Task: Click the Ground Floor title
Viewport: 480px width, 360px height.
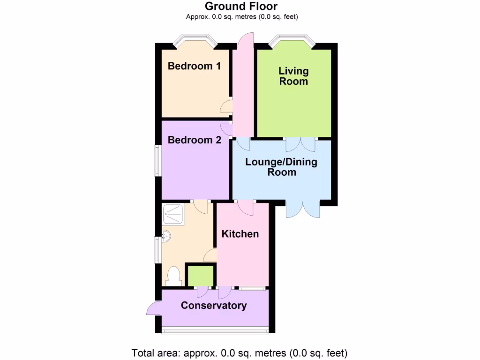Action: [241, 6]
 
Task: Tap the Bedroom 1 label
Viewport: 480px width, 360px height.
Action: [194, 66]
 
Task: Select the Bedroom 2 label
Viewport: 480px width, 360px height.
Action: [194, 140]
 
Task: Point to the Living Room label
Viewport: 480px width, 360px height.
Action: [293, 76]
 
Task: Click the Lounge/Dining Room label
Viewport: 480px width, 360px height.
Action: [282, 167]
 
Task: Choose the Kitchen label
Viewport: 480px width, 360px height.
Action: [240, 234]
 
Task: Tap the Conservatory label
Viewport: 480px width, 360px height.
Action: [214, 306]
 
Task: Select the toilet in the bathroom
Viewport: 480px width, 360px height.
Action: [173, 276]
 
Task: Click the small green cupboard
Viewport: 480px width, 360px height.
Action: [201, 275]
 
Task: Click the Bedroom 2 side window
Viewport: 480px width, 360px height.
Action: [158, 160]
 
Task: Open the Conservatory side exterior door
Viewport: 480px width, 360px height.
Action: [153, 309]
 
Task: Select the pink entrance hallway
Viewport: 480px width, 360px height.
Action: [243, 94]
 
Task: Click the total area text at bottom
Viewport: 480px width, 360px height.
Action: [240, 352]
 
